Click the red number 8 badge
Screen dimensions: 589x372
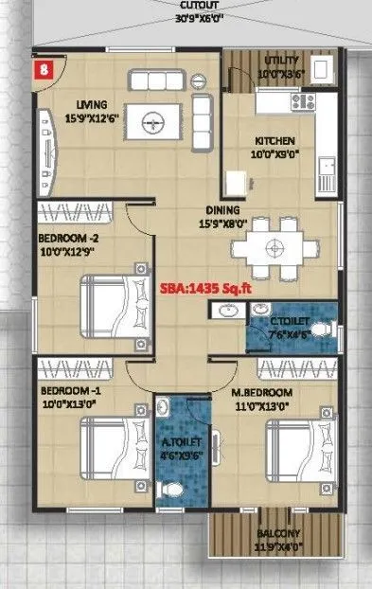44,68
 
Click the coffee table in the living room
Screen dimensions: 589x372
153,119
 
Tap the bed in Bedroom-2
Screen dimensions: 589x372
114,305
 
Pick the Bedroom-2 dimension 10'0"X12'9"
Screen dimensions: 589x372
68,252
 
